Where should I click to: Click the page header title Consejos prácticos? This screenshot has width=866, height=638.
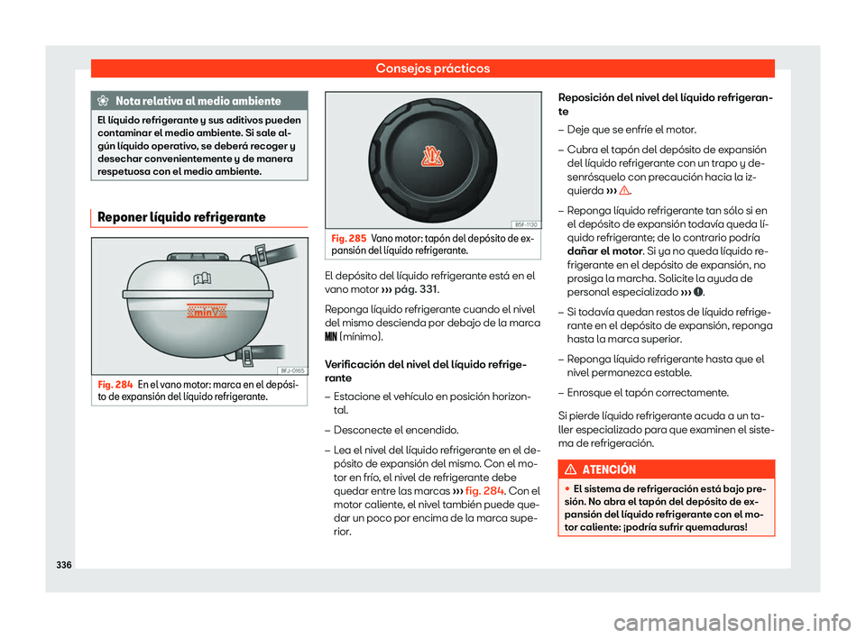(x=433, y=68)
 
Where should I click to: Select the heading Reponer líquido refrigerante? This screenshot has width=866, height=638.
(x=179, y=217)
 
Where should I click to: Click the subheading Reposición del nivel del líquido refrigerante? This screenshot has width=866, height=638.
(x=666, y=102)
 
